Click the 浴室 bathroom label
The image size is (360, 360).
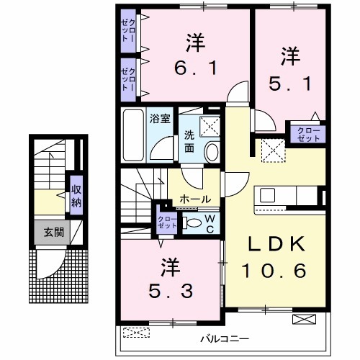click(x=160, y=119)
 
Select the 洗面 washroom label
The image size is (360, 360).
click(x=186, y=141)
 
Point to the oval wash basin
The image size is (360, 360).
click(x=212, y=152)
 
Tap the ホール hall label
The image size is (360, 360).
click(x=195, y=199)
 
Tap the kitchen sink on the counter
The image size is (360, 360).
click(x=269, y=195)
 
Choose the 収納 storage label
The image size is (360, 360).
click(x=76, y=194)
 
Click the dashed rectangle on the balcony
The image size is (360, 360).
click(x=137, y=333)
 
